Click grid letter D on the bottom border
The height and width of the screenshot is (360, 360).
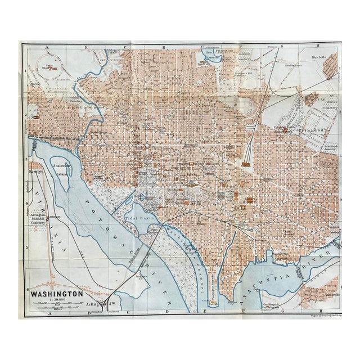pyautogui.click(x=166, y=310)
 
